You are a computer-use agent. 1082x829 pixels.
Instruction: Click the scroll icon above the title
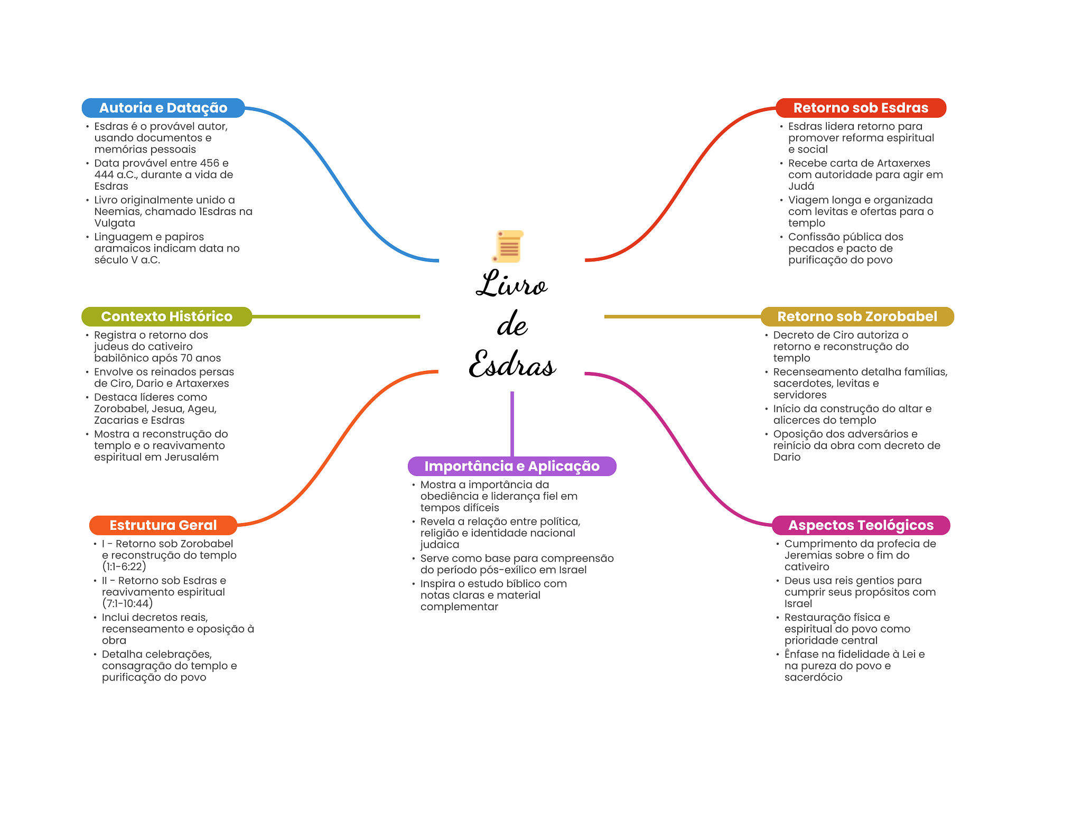point(508,246)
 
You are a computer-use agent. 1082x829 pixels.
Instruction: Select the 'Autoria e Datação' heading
point(163,108)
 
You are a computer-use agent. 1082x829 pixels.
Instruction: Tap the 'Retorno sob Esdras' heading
point(861,108)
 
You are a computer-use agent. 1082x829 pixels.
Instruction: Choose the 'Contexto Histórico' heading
point(166,317)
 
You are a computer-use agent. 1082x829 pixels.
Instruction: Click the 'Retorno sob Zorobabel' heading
point(857,317)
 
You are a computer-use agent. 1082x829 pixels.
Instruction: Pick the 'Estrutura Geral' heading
point(163,526)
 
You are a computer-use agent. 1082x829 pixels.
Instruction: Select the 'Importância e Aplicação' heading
point(512,467)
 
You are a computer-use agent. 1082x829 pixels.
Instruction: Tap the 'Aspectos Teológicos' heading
point(861,526)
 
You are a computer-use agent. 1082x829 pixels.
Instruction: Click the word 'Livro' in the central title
point(511,284)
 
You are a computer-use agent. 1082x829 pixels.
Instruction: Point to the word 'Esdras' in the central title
point(512,364)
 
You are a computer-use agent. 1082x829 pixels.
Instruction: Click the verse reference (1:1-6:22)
point(124,567)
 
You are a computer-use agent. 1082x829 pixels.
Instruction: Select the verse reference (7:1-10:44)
point(127,604)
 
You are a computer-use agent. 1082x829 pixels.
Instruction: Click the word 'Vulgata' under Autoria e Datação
point(115,223)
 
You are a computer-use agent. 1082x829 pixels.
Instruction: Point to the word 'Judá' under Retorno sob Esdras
point(801,187)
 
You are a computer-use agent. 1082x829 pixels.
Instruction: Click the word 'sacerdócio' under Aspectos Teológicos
point(813,678)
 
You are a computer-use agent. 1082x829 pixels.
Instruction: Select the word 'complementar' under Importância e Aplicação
point(459,607)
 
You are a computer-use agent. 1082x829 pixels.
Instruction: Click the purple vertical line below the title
point(512,423)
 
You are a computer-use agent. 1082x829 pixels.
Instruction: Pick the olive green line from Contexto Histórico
point(335,317)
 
